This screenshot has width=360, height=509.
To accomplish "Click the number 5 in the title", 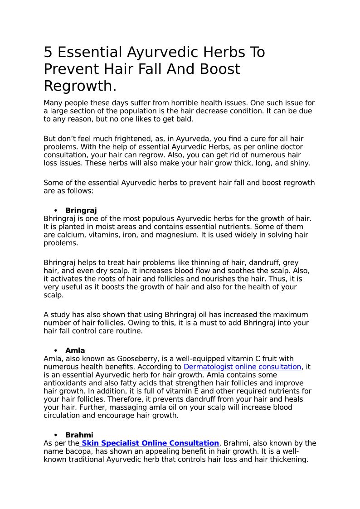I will pos(48,53).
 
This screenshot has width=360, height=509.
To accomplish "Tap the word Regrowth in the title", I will pos(78,86).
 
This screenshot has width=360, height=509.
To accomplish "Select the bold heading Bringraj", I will pos(81,210).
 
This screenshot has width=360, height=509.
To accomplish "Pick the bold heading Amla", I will pos(75,350).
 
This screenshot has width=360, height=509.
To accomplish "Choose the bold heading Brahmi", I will pos(79,435).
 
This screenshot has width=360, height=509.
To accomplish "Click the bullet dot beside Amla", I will pos(56,351).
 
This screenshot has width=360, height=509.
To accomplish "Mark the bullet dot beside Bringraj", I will pos(56,211).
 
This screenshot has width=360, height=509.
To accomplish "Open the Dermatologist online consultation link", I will pos(242,367).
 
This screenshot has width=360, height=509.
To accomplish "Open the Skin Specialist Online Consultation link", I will pos(150,443).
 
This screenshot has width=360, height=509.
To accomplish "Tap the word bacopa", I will pos(75,451).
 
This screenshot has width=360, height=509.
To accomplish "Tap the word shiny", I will pos(299,163).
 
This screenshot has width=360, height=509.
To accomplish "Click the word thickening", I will pos(290,460).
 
